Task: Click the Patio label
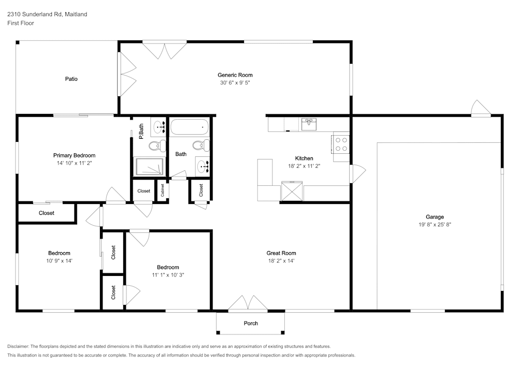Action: (x=71, y=79)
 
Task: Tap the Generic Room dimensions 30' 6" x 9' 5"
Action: (x=235, y=83)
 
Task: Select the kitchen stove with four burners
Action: (x=340, y=143)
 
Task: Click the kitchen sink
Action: (x=309, y=124)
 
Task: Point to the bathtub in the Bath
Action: (x=189, y=127)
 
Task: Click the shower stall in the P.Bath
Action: (x=149, y=166)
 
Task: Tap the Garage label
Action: (x=435, y=217)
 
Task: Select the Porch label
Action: (x=251, y=324)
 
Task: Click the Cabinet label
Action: (x=163, y=191)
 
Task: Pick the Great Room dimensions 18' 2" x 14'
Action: (x=281, y=261)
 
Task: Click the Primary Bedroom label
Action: (x=74, y=155)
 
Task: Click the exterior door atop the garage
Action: (x=480, y=108)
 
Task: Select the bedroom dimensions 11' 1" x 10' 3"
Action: (x=168, y=275)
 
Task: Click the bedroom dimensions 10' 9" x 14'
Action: (x=59, y=261)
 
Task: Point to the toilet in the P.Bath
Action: (x=157, y=145)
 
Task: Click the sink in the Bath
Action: (x=203, y=166)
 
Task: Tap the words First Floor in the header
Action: (x=21, y=23)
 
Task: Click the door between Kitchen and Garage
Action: (x=357, y=173)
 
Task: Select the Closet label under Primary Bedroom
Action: (x=47, y=213)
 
